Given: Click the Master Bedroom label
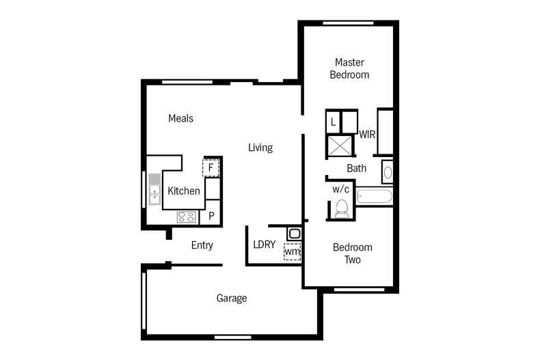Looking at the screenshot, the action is point(349,68).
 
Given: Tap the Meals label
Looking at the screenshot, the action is point(180,118).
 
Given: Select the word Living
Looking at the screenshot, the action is point(260,148).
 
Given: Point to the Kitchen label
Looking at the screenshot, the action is point(184,191).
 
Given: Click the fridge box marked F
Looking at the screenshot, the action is point(211,168).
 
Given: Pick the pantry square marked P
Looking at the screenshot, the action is point(211,216).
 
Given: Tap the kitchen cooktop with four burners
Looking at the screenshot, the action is point(187,217).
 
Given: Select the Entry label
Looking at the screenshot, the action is point(202,245).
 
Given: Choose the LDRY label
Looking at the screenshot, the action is point(264,245).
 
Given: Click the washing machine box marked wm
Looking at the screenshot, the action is point(292,251).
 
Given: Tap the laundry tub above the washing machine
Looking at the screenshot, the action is point(295,234).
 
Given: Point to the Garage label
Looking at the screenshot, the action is point(232,298).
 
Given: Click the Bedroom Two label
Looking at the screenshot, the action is point(352,253).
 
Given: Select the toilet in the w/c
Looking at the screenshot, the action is point(342,209).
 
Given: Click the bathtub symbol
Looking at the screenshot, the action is point(375,197).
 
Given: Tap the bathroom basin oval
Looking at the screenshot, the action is point(388,172).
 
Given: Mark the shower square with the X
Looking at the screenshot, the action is point(340,146).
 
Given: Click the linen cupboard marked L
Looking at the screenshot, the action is point(333,122).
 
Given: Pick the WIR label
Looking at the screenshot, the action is point(367,134).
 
